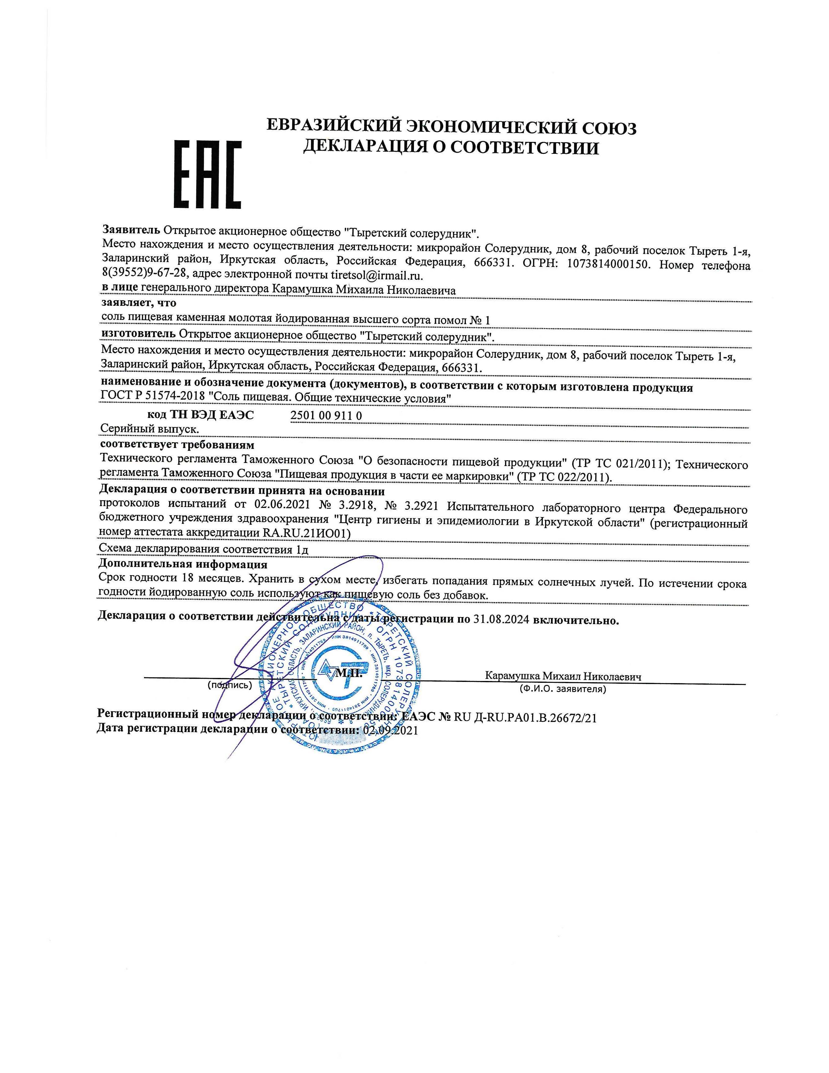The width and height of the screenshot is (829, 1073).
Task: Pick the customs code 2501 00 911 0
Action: (326, 416)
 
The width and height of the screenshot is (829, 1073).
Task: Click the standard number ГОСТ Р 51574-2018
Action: (151, 398)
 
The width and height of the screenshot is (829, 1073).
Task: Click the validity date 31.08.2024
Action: (501, 620)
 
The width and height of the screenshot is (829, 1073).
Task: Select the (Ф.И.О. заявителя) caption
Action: (563, 689)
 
